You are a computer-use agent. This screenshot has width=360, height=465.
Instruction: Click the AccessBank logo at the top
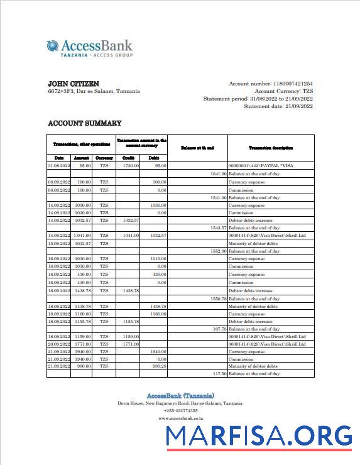(89, 48)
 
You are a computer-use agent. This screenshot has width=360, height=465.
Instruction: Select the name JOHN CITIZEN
(74, 84)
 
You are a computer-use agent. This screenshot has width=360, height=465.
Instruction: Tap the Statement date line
(278, 106)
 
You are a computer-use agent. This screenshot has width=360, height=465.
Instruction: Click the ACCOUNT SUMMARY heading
(85, 123)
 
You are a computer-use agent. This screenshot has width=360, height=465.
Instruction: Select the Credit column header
(128, 157)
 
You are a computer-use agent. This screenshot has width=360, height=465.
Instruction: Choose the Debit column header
(153, 157)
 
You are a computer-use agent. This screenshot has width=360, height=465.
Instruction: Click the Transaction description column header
(271, 148)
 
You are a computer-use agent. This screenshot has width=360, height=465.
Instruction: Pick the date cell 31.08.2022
(59, 165)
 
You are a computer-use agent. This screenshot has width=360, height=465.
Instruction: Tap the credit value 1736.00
(131, 165)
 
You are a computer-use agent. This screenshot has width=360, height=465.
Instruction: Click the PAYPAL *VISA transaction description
(261, 165)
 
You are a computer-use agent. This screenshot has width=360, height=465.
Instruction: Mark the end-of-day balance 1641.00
(218, 173)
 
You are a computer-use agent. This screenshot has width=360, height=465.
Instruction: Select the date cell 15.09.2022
(59, 243)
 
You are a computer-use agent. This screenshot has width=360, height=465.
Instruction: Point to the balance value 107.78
(219, 329)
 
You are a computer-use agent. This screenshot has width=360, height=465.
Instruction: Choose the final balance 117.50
(219, 374)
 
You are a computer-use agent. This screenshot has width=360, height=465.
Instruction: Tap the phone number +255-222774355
(180, 410)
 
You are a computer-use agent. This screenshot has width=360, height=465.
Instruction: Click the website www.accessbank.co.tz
(180, 418)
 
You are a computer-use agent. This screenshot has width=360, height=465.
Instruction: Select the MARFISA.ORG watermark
(258, 435)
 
